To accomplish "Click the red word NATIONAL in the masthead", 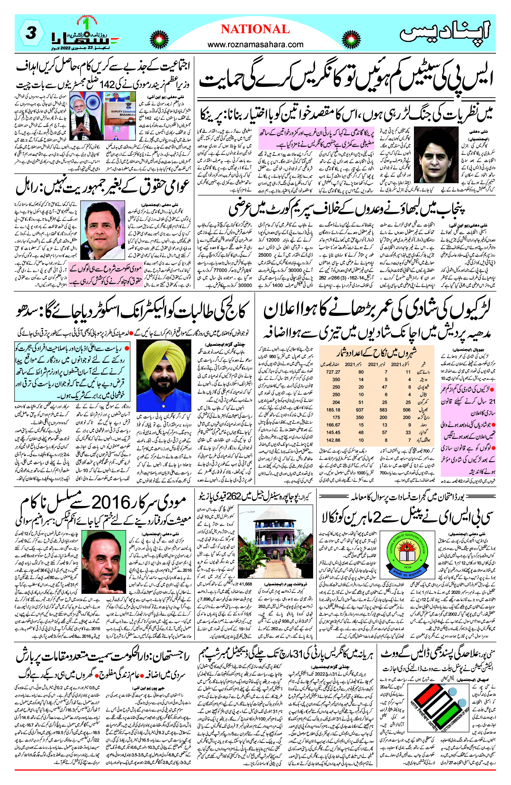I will coord(255,29).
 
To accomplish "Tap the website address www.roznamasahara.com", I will coord(255,44).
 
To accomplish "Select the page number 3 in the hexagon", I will coord(31,33).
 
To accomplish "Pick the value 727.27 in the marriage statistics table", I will coord(333,372).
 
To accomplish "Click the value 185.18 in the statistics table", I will coord(333,410).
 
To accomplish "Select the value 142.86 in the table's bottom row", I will coord(333,440).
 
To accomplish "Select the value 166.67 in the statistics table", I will coord(333,425).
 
